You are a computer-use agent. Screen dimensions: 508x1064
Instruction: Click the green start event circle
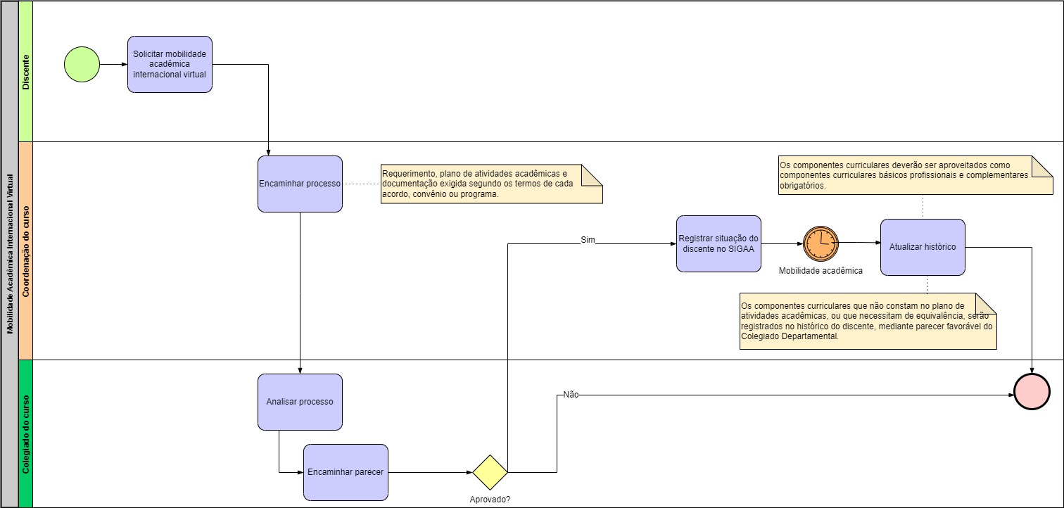point(82,64)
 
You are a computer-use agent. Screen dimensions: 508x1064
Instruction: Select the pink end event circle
point(1032,392)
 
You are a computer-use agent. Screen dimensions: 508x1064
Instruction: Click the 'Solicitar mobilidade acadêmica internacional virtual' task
point(170,64)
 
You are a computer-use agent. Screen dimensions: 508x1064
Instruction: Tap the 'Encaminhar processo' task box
point(300,184)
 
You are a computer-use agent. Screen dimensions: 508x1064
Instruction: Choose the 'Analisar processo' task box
point(300,402)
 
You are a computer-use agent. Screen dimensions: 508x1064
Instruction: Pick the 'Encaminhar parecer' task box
point(346,472)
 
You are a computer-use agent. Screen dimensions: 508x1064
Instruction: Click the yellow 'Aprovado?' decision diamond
point(490,472)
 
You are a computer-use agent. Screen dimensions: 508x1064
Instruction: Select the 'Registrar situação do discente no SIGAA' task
point(718,243)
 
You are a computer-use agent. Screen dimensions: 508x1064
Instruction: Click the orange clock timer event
point(821,243)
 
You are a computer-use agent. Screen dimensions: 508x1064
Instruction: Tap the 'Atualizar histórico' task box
point(922,247)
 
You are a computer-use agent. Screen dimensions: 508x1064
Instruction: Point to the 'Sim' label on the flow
point(588,240)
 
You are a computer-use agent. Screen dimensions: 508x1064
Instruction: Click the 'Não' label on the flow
point(571,395)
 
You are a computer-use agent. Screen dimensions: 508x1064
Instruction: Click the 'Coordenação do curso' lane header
point(26,251)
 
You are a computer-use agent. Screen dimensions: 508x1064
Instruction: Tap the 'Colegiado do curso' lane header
point(26,433)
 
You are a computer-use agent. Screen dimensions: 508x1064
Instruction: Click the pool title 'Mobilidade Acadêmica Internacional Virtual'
point(10,253)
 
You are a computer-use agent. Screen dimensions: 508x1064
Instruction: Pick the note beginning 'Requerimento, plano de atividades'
point(491,184)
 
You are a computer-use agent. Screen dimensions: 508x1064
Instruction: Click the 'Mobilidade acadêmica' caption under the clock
point(821,270)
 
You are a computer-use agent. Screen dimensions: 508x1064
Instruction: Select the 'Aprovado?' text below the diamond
point(490,500)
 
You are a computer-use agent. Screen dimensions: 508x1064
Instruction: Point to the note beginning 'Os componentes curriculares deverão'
point(915,174)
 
